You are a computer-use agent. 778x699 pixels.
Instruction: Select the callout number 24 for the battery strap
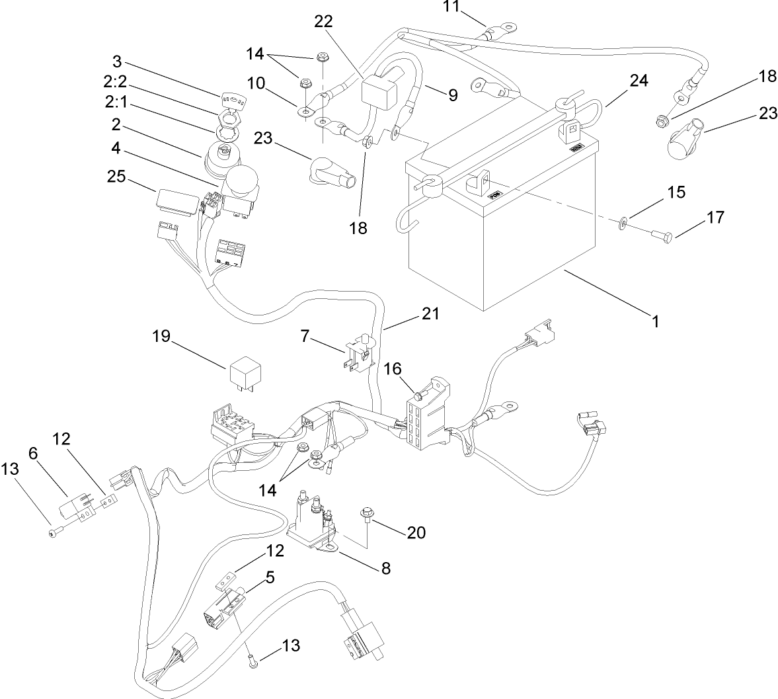pos(639,81)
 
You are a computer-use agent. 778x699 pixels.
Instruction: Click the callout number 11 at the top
pos(450,7)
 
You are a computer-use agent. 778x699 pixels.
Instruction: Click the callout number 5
pos(269,577)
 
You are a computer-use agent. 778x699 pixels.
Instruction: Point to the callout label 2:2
pos(118,81)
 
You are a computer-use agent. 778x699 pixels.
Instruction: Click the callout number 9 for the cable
pos(452,95)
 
